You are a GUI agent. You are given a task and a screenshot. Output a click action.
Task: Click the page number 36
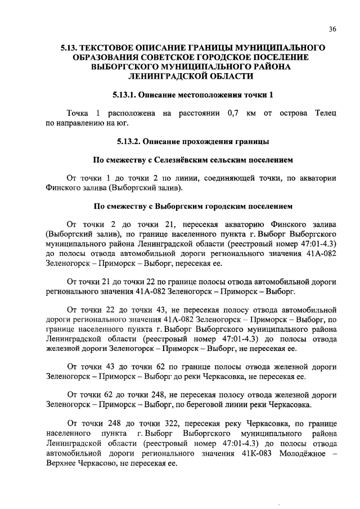coord(332,30)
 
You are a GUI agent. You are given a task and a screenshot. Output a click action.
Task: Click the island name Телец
coord(325,114)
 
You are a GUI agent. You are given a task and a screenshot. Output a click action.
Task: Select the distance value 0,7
coord(232,114)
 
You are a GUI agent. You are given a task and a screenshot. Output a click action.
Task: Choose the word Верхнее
coord(64,465)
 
